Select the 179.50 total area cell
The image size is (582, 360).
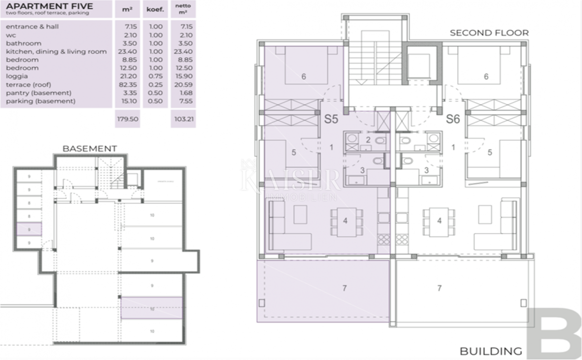point(127,118)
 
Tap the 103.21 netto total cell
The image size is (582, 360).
point(184,118)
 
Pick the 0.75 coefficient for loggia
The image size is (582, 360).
point(156,76)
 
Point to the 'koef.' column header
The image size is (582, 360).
point(156,9)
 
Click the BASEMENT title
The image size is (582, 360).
point(90,148)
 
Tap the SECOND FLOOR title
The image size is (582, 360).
point(489,33)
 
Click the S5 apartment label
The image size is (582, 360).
point(331,119)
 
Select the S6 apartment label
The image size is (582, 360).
point(453,119)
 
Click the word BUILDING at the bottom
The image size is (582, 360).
point(491,351)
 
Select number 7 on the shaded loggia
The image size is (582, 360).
point(344,288)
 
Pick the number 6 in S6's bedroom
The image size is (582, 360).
point(485,76)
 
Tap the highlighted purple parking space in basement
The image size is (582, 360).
point(152,308)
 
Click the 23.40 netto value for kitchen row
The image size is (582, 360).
point(184,51)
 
